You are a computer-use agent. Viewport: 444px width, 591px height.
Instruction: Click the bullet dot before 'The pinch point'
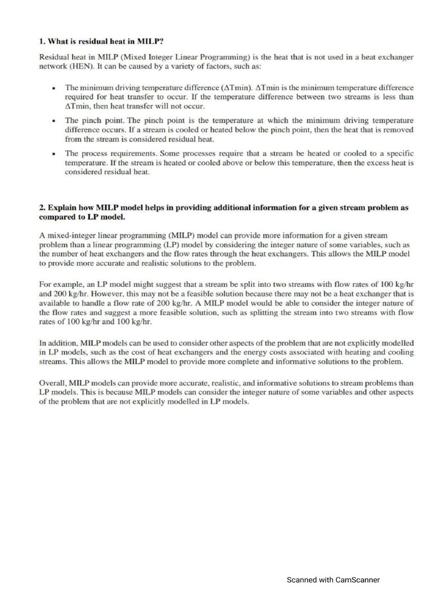pos(54,121)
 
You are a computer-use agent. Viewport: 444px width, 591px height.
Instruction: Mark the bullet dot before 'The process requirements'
pos(54,154)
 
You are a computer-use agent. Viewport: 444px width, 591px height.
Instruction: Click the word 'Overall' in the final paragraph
pos(53,383)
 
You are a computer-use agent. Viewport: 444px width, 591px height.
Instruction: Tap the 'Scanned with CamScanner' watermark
pos(334,579)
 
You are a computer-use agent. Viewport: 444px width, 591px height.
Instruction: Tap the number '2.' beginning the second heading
pos(42,208)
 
